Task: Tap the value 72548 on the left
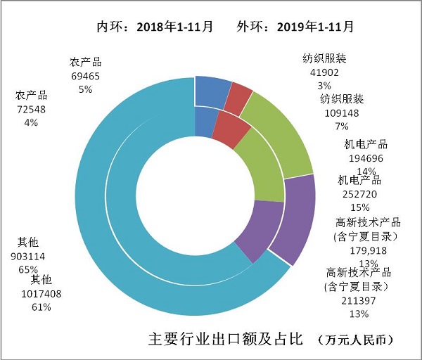(x=31, y=109)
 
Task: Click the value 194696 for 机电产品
(x=365, y=157)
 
